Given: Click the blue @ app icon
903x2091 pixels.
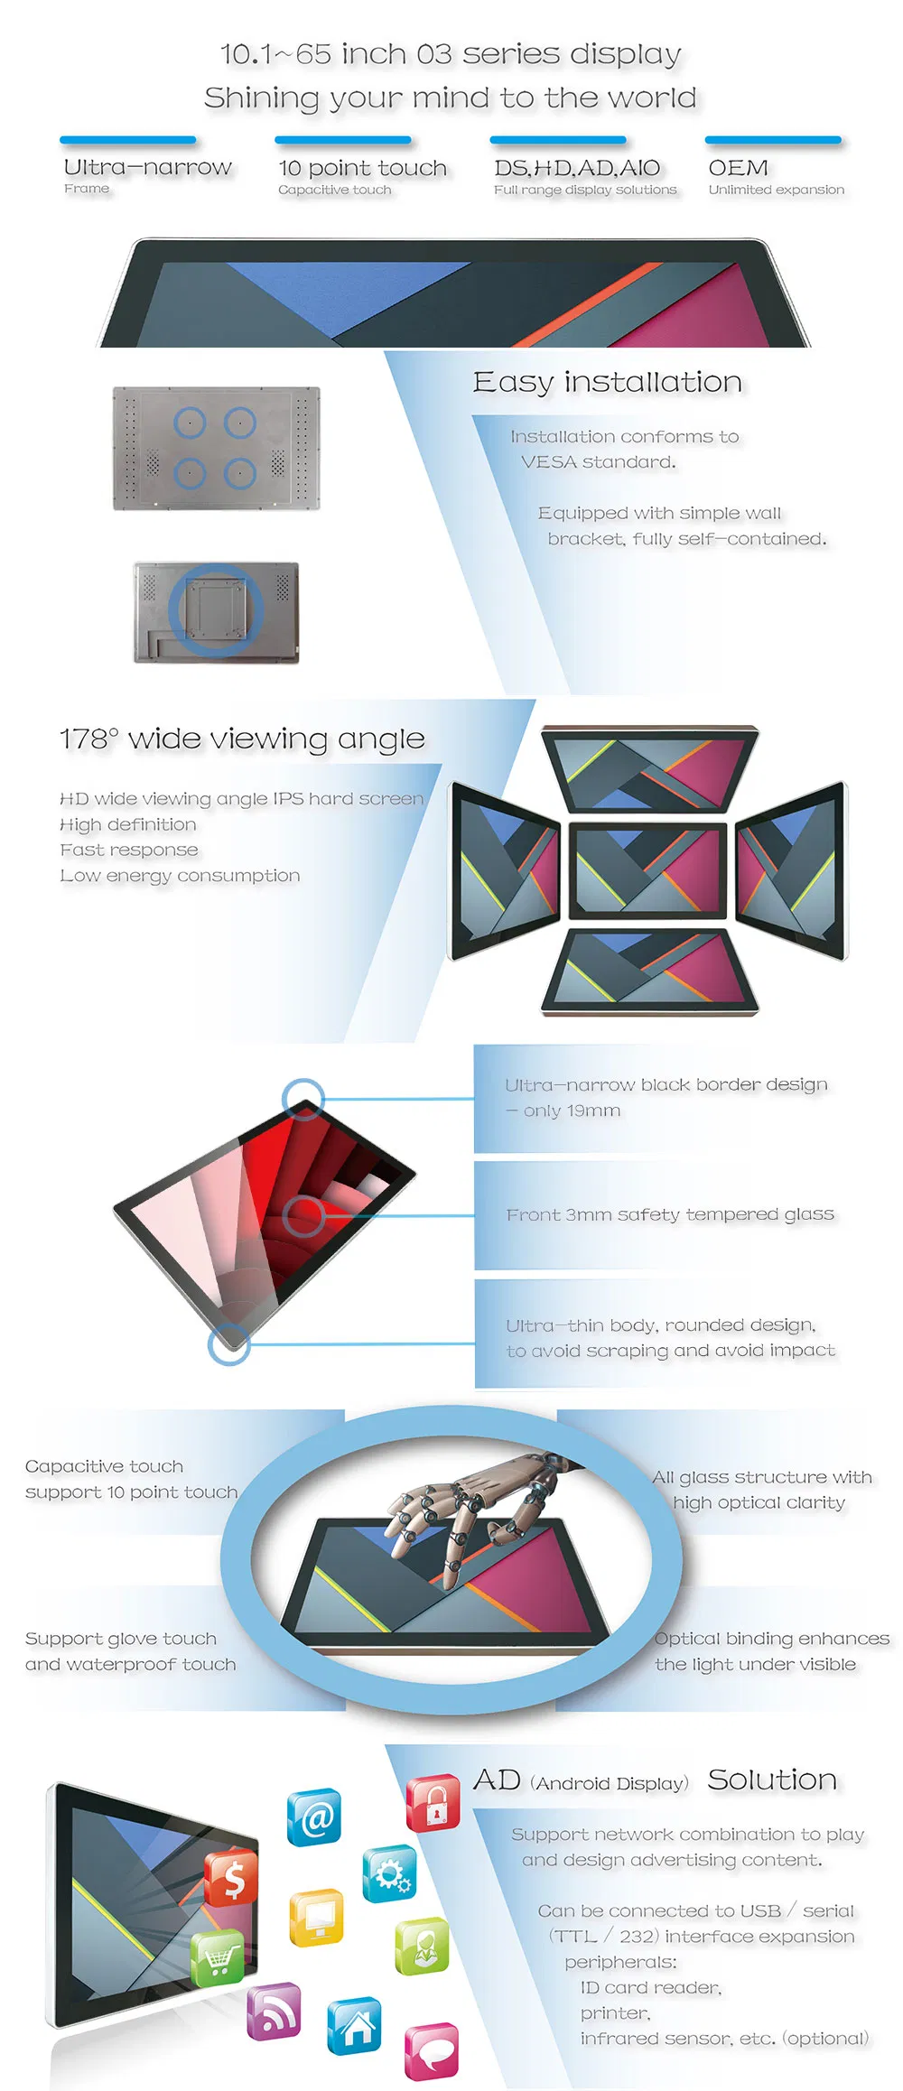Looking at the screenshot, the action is tap(314, 1817).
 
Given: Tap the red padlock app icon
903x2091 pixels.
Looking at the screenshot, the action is tap(433, 1803).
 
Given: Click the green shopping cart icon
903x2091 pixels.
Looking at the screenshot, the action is tap(218, 1956).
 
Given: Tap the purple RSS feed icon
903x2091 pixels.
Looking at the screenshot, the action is tap(274, 2011).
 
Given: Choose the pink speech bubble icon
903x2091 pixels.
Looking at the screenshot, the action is tap(432, 2050).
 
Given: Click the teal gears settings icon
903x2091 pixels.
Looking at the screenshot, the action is tap(390, 1873).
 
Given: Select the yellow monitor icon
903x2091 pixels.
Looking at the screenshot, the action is tap(316, 1918).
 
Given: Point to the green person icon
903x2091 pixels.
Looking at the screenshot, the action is tap(422, 1946).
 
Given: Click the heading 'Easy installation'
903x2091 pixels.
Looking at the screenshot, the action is tap(607, 382).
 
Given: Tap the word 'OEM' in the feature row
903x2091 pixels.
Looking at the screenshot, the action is tap(738, 168).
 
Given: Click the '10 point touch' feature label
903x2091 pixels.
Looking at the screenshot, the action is tap(362, 168).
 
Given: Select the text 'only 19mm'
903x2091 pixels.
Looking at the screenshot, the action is tap(572, 1111).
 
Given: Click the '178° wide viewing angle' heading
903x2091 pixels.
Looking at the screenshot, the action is tap(242, 739).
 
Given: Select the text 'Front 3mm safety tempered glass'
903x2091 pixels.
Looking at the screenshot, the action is tap(670, 1214).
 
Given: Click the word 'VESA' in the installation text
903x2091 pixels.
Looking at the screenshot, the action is tap(548, 462).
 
